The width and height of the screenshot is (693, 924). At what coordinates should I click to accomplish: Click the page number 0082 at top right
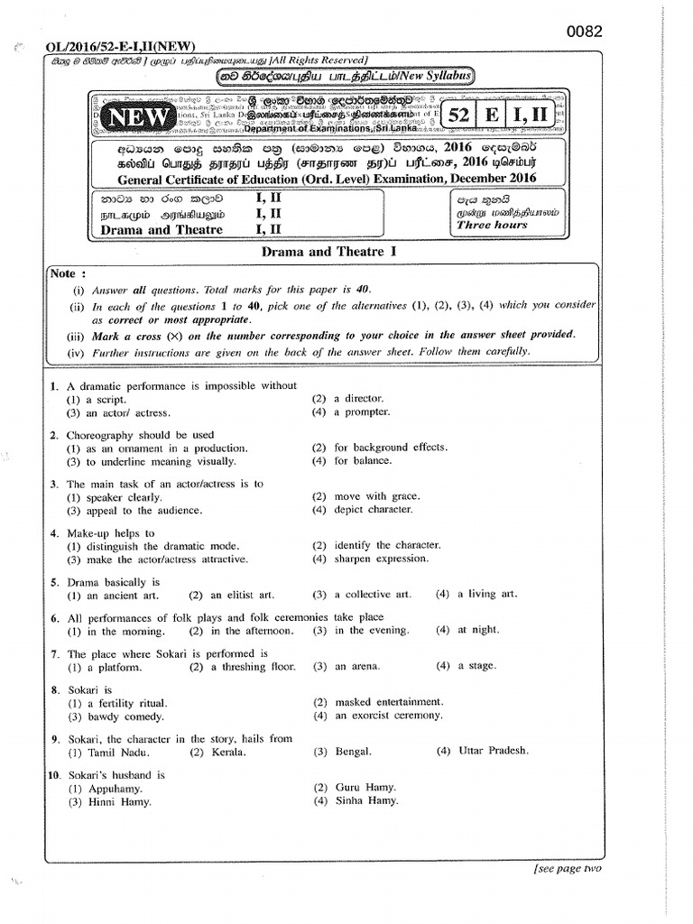[x=584, y=32]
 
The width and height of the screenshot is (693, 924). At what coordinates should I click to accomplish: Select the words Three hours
[x=492, y=225]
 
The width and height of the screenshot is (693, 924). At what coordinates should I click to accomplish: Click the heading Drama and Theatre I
[x=329, y=252]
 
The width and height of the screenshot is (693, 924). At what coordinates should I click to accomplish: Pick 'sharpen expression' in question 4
[x=378, y=559]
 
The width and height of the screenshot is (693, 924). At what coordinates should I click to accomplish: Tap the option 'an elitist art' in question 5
[x=243, y=595]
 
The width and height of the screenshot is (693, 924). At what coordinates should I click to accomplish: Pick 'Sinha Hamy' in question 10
[x=365, y=800]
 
